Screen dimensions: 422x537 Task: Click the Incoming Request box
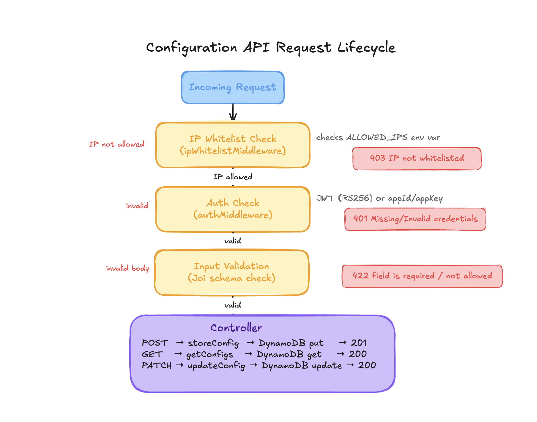tap(233, 87)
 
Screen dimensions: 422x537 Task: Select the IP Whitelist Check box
tap(233, 145)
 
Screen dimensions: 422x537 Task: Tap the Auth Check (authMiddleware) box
tap(233, 209)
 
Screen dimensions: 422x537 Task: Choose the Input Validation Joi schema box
tap(231, 272)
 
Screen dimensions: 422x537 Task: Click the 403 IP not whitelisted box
tap(417, 158)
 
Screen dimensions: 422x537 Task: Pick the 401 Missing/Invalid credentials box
tap(415, 219)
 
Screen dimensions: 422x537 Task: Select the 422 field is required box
tap(422, 276)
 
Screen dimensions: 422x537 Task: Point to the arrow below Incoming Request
tap(233, 112)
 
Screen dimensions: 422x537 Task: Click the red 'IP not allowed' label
tap(117, 144)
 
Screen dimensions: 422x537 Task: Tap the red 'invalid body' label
tap(127, 268)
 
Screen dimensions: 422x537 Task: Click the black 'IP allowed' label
tap(233, 177)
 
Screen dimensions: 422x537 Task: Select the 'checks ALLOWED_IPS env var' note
tap(378, 138)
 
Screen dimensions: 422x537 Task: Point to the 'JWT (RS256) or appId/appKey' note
tap(379, 198)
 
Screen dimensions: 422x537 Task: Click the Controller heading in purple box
tap(236, 328)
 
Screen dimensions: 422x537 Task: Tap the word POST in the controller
tap(155, 343)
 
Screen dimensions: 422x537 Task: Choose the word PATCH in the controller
tap(157, 366)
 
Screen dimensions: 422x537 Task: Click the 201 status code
tap(359, 343)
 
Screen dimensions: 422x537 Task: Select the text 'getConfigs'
tap(209, 355)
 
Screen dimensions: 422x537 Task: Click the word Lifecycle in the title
tap(366, 48)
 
